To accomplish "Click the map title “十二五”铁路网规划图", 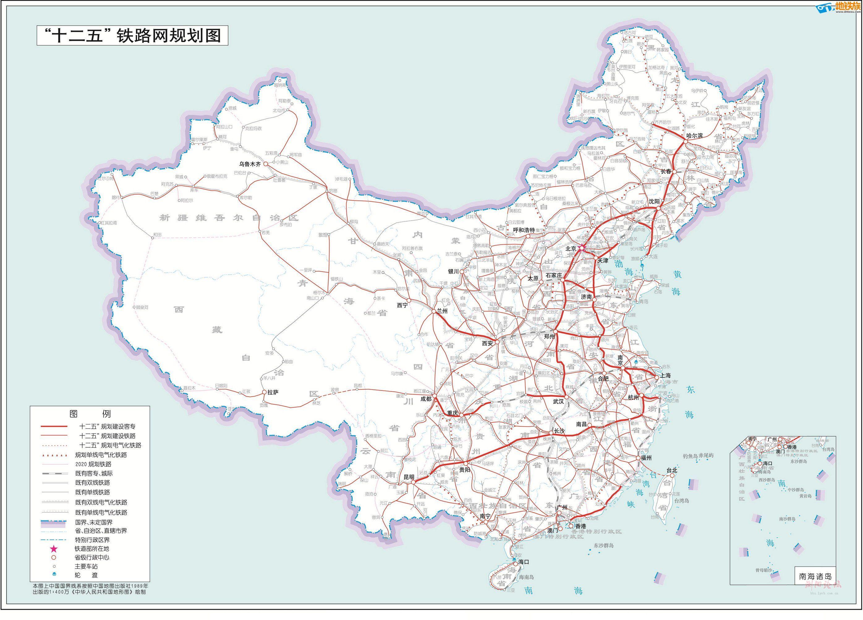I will [x=132, y=36].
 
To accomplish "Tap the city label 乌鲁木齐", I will [x=250, y=164].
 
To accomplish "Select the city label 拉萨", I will [x=273, y=392].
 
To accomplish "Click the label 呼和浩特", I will [x=524, y=230].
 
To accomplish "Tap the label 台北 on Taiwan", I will [x=672, y=470].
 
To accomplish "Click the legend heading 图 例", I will [x=90, y=414].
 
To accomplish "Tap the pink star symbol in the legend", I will [x=54, y=549].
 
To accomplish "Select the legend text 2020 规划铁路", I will [x=93, y=464].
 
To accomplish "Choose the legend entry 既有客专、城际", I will [x=94, y=474].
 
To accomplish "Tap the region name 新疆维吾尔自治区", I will [x=228, y=218].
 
